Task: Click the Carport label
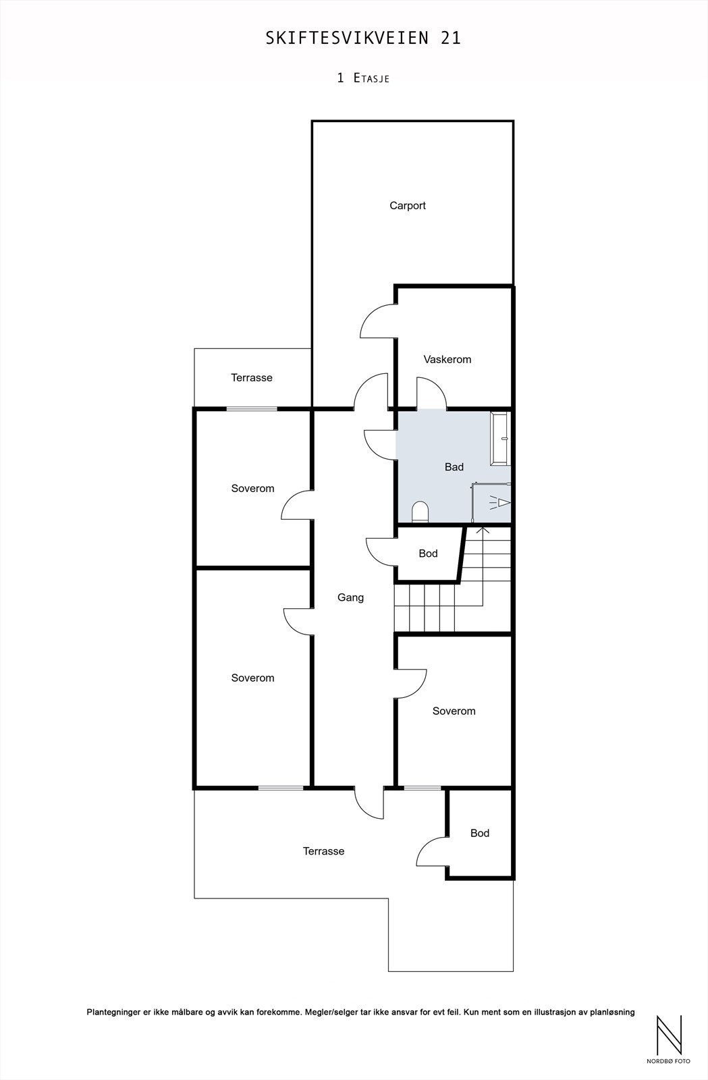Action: pyautogui.click(x=408, y=206)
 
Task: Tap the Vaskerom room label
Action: pyautogui.click(x=447, y=359)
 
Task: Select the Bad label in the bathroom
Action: pyautogui.click(x=454, y=466)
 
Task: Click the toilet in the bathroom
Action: pyautogui.click(x=420, y=512)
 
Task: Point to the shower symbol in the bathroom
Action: pyautogui.click(x=500, y=502)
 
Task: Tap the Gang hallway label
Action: pyautogui.click(x=351, y=597)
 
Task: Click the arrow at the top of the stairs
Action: pyautogui.click(x=483, y=531)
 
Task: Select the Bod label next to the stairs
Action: pyautogui.click(x=428, y=553)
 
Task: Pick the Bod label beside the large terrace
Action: pyautogui.click(x=480, y=833)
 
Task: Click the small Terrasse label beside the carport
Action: pyautogui.click(x=252, y=378)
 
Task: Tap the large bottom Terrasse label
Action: pyautogui.click(x=323, y=851)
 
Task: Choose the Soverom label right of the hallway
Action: pyautogui.click(x=454, y=711)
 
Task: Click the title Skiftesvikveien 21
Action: pyautogui.click(x=364, y=38)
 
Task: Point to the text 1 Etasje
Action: pyautogui.click(x=363, y=78)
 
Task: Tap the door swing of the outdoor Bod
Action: pyautogui.click(x=431, y=852)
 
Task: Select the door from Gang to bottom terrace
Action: pyautogui.click(x=369, y=803)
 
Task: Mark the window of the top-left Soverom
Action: pyautogui.click(x=252, y=408)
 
